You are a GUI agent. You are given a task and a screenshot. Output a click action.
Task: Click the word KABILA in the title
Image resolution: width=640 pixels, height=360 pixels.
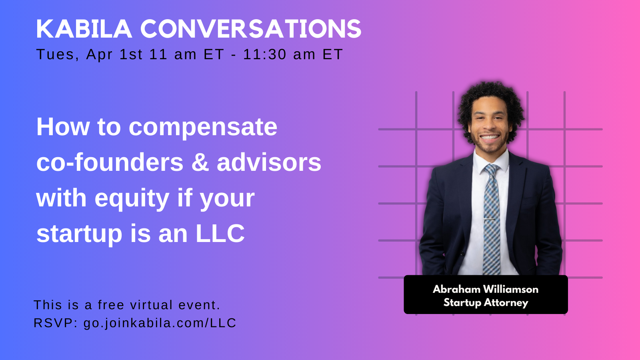84,29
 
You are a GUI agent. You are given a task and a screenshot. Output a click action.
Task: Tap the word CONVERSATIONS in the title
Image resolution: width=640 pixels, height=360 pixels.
250,29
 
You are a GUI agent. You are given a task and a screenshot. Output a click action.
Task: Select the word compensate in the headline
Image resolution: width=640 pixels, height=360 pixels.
203,127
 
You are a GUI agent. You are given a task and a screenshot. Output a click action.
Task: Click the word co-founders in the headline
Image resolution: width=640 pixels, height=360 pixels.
110,162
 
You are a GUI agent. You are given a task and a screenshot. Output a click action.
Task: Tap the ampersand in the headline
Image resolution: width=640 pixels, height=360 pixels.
200,162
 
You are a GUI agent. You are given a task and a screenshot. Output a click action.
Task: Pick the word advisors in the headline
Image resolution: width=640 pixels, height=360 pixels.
269,162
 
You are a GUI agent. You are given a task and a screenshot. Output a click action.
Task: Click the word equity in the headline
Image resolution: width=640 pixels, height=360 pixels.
132,198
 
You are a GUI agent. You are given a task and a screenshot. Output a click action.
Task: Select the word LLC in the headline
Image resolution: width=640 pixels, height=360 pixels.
220,234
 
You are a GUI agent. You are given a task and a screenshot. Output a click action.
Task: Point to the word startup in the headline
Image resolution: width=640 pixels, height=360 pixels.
79,234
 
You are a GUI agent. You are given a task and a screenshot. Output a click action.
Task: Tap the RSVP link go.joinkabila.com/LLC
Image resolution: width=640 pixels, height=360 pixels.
160,323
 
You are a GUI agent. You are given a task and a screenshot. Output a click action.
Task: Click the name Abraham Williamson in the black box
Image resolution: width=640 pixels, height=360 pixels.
485,289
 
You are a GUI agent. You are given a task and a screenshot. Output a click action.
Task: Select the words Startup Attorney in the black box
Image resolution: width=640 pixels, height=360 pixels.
485,302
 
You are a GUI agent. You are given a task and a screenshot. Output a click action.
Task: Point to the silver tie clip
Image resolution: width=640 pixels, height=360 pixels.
491,220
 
